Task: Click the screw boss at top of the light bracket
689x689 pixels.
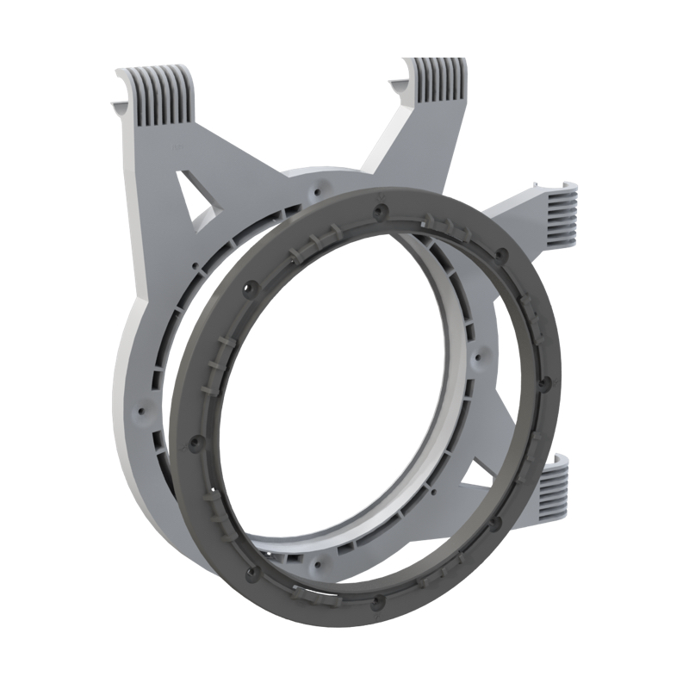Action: tap(320, 184)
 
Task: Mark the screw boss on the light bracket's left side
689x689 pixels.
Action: tap(140, 414)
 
